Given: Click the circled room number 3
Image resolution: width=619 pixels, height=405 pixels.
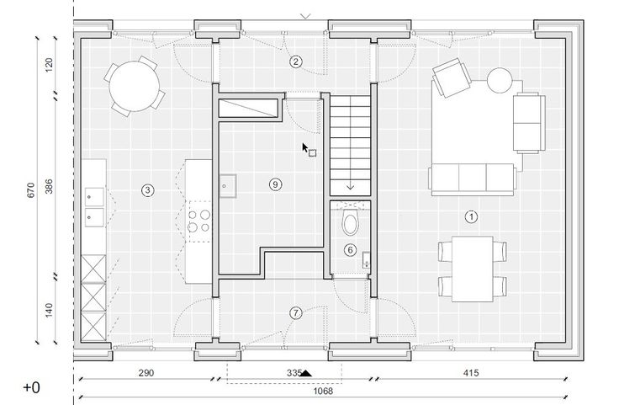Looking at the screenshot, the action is click(x=148, y=190).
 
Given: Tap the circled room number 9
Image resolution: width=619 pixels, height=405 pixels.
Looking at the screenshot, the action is click(x=276, y=184).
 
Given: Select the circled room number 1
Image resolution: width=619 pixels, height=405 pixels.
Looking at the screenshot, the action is click(x=471, y=216).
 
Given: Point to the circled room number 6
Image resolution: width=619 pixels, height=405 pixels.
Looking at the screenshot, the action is click(x=350, y=250).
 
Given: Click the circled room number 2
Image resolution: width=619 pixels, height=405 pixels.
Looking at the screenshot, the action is click(x=296, y=61).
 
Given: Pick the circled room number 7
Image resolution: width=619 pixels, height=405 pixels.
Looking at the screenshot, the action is click(x=296, y=313).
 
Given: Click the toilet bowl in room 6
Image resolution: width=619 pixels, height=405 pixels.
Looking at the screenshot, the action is click(x=350, y=221).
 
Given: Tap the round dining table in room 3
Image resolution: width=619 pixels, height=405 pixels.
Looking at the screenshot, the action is click(x=135, y=87).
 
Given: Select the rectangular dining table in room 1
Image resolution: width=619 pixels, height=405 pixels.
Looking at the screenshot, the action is click(x=472, y=269).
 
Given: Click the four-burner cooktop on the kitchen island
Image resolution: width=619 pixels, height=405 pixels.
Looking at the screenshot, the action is click(x=199, y=221).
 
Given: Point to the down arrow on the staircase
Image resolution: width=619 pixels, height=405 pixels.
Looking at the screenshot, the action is click(x=350, y=186).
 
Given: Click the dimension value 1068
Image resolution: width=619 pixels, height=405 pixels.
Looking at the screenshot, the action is click(x=323, y=392).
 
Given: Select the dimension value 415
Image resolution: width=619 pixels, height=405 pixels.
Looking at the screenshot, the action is click(x=471, y=373).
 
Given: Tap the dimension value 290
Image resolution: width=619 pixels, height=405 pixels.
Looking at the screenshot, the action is click(x=146, y=373).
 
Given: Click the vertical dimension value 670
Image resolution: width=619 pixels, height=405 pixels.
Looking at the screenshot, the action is click(x=31, y=190).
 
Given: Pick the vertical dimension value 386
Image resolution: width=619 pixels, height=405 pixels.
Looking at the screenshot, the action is click(x=49, y=186).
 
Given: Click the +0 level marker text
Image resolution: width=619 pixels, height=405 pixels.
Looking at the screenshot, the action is click(x=32, y=387).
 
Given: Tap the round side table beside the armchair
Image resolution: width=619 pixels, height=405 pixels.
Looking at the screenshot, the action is click(x=500, y=80).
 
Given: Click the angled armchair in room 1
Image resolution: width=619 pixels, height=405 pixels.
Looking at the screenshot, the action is click(x=452, y=77).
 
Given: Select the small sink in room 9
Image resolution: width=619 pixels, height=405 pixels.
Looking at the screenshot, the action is click(x=228, y=186).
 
